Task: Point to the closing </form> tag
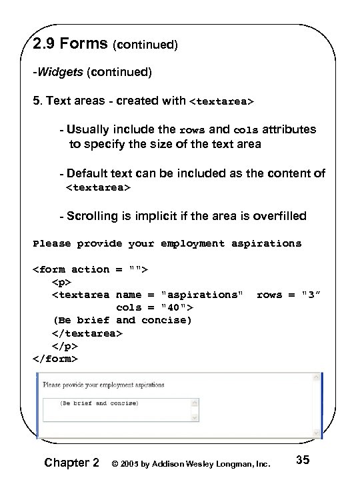[x=55, y=358]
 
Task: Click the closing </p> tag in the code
[x=65, y=345]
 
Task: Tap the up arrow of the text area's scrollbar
[x=195, y=403]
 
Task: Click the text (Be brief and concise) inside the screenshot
[x=98, y=403]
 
